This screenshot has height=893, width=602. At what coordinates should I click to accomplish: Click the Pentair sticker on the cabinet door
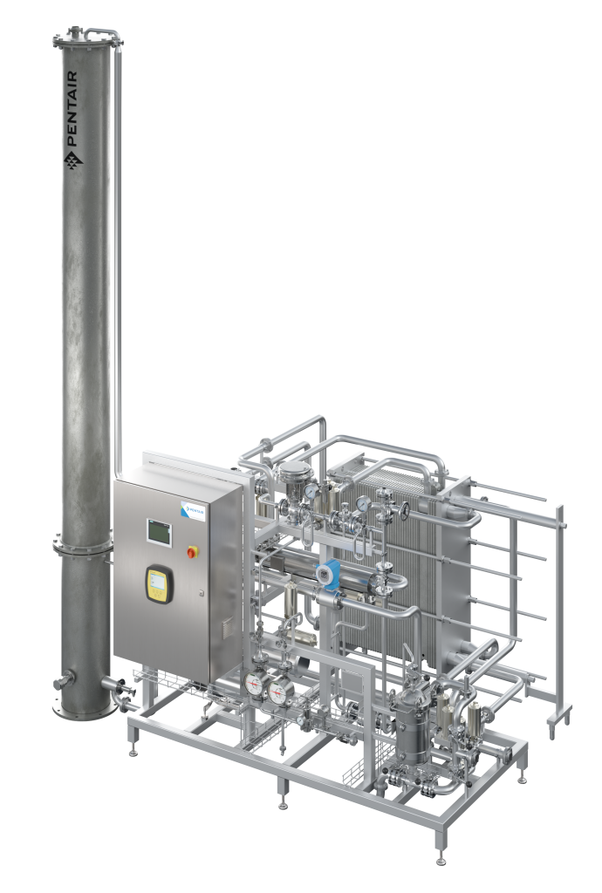coord(191,510)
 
